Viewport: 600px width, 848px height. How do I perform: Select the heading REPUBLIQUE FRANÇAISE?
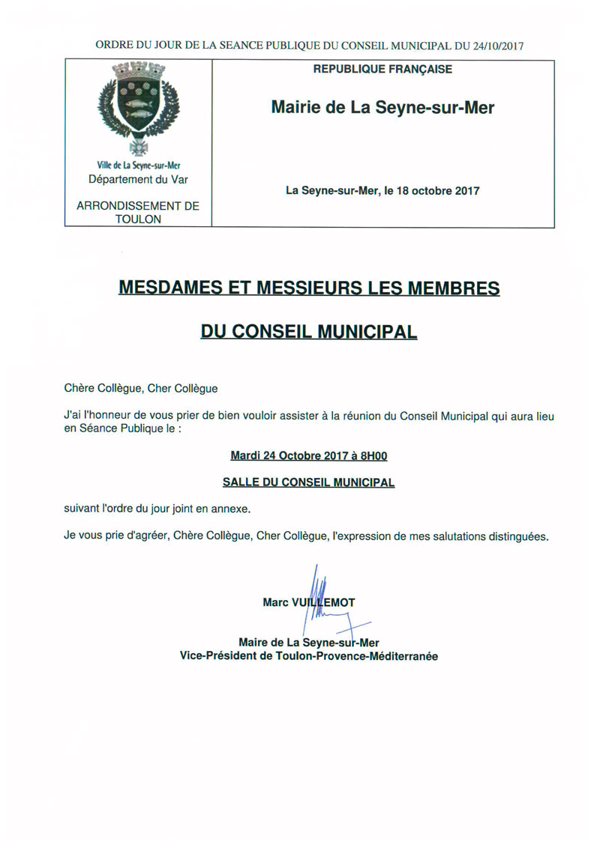382,70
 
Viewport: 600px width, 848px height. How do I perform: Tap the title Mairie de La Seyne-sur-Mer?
382,108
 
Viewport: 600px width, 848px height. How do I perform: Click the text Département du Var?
138,180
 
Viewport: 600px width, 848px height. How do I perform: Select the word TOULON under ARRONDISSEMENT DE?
138,219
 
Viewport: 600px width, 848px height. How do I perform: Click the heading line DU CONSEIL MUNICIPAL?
308,330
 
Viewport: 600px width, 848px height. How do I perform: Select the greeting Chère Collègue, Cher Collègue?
141,388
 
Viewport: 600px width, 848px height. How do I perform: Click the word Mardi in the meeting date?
244,455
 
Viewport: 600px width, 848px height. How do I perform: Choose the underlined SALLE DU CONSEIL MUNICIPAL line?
308,482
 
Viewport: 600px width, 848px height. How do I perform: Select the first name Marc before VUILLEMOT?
275,602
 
